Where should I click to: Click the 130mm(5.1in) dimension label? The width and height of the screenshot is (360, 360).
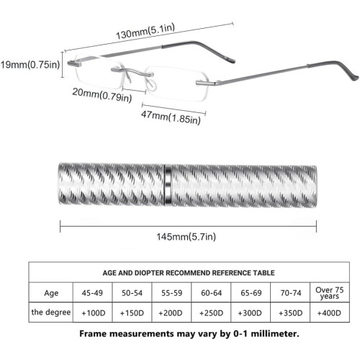click(145, 31)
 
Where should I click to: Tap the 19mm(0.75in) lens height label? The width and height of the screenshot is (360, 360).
click(30, 65)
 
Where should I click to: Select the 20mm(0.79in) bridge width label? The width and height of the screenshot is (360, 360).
click(102, 95)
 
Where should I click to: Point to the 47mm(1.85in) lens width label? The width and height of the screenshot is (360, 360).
click(171, 117)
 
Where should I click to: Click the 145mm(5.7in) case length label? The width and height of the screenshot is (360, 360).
click(186, 237)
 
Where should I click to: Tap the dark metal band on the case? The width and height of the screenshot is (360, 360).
click(168, 185)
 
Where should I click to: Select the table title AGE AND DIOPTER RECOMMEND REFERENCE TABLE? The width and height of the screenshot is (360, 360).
click(189, 273)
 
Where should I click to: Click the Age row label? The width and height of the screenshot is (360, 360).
click(51, 293)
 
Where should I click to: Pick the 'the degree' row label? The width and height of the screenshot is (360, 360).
click(51, 312)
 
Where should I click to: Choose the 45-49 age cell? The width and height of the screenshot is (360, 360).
click(92, 293)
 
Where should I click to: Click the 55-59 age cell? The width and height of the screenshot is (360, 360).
click(171, 293)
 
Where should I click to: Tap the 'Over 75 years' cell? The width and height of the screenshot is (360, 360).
click(330, 293)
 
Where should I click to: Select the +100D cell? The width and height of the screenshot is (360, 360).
click(94, 313)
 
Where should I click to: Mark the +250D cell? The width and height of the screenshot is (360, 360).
click(211, 313)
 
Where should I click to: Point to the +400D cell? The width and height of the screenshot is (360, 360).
click(329, 313)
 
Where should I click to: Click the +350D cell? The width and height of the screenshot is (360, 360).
click(290, 313)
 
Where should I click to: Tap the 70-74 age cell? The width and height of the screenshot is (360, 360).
click(291, 293)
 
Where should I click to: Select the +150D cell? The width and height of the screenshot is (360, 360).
click(132, 313)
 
